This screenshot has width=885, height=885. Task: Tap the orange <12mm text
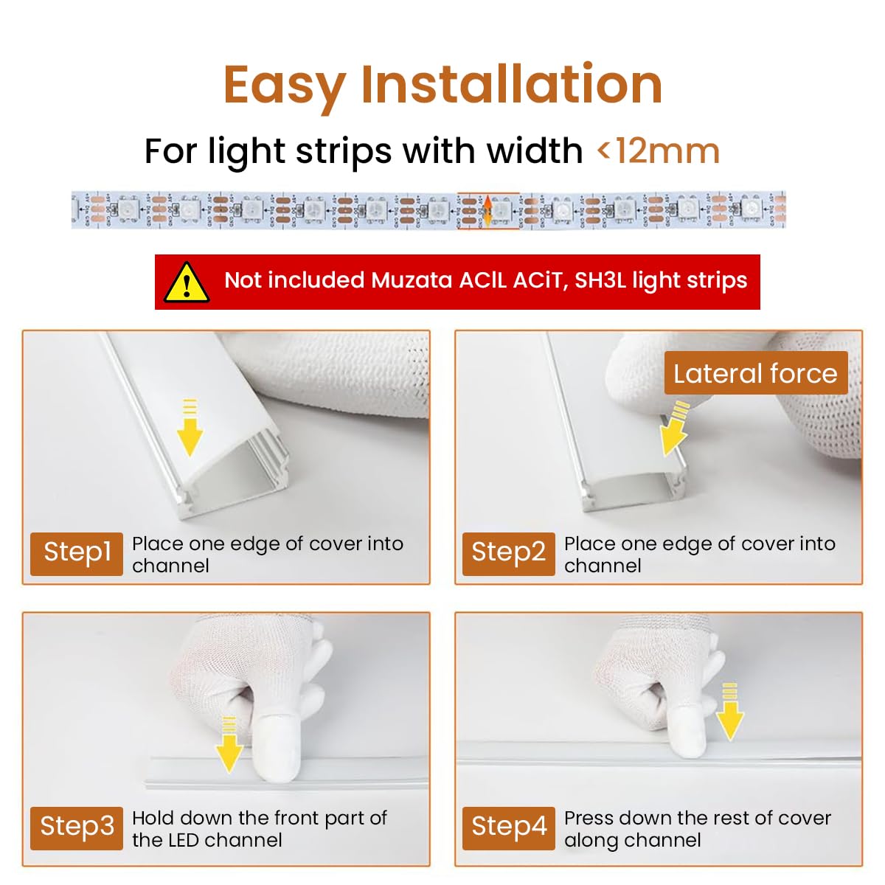[x=658, y=151]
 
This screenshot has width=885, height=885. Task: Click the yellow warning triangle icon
[x=187, y=282]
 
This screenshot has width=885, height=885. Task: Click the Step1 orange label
[x=77, y=552]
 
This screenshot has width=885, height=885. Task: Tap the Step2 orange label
[x=508, y=552]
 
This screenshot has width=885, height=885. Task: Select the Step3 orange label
[x=77, y=827]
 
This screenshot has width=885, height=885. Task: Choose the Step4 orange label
[x=508, y=827]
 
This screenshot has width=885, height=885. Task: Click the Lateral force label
[x=755, y=374]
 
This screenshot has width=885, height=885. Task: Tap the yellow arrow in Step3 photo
[x=229, y=745]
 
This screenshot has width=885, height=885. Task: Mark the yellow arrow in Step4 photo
[x=729, y=712]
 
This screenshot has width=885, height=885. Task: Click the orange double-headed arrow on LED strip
[x=487, y=211]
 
